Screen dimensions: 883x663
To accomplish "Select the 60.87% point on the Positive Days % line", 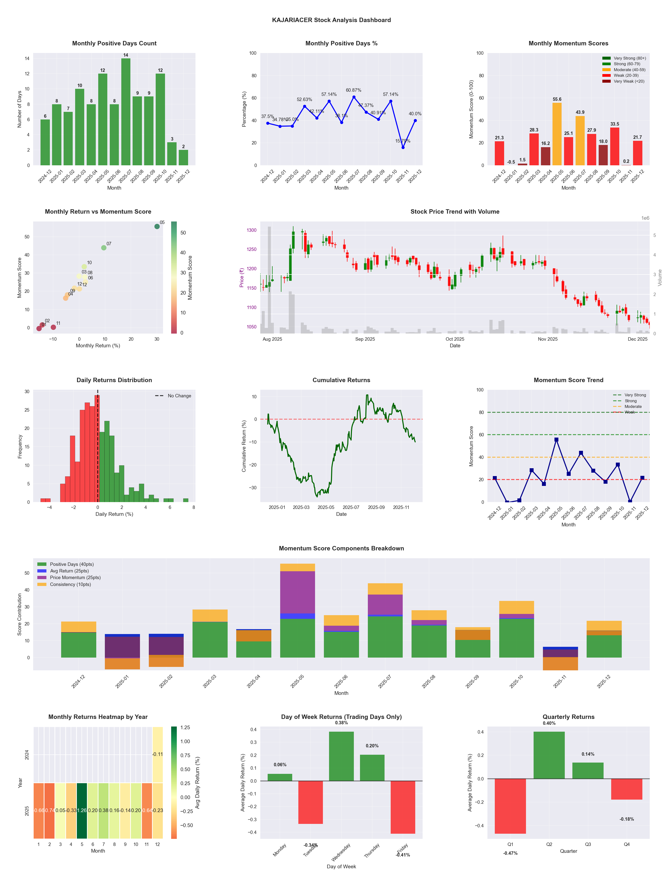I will click(x=354, y=97).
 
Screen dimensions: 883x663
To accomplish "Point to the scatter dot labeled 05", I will click(x=157, y=226).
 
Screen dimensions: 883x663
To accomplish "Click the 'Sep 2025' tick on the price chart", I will click(x=365, y=339).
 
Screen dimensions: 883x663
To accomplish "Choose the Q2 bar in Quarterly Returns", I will click(x=549, y=755).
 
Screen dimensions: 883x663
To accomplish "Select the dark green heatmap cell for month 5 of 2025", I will click(x=82, y=810).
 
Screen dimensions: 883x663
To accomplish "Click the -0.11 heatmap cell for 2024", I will click(x=157, y=754).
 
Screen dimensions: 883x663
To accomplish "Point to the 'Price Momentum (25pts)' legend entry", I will click(x=75, y=578).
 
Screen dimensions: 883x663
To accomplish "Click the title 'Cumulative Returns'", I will click(x=341, y=380).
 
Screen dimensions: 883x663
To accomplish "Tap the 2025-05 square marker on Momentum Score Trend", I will click(x=556, y=440).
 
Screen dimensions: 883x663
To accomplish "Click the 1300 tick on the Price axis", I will click(x=251, y=230).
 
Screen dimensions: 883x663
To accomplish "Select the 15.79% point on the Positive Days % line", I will click(x=403, y=147).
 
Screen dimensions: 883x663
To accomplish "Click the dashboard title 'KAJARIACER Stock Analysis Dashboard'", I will click(x=331, y=20).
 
